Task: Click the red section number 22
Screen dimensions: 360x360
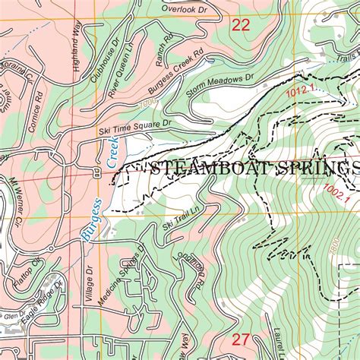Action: tap(241, 25)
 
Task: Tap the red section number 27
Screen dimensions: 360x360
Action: tap(241, 339)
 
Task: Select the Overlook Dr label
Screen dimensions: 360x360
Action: tap(185, 8)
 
